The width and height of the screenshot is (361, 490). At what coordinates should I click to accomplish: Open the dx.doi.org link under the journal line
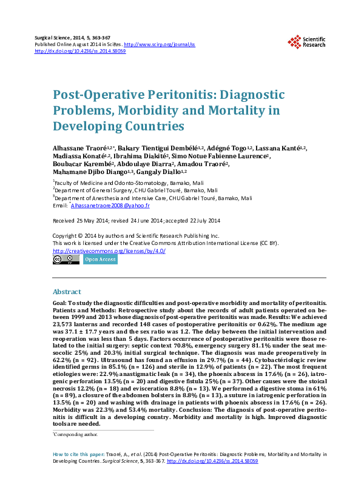click(x=80, y=52)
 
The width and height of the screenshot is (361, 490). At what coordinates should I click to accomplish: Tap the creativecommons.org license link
click(x=109, y=250)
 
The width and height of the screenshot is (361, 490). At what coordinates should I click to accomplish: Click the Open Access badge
click(x=100, y=260)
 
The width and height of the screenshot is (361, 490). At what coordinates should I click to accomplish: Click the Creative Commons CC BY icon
click(x=66, y=260)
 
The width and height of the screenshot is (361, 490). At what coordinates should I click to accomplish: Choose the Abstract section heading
click(x=67, y=292)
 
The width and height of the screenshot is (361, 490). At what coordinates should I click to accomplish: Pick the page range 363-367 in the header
click(x=103, y=38)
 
